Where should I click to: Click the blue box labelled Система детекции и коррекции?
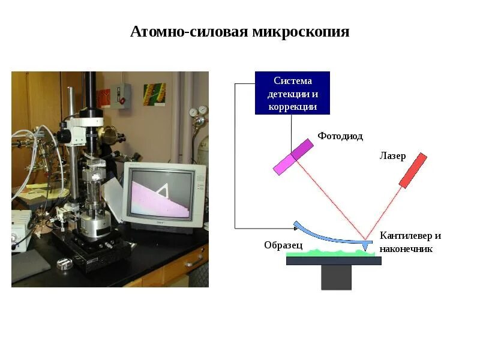[x=292, y=93]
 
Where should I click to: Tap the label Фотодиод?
[x=340, y=136]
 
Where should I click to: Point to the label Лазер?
[x=392, y=157]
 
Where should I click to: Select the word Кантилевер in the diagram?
[x=404, y=235]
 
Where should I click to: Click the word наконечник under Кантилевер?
[x=406, y=248]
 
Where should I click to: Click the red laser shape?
[x=413, y=170]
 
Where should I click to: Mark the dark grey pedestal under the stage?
[x=336, y=277]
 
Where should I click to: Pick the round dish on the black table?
[x=64, y=262]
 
